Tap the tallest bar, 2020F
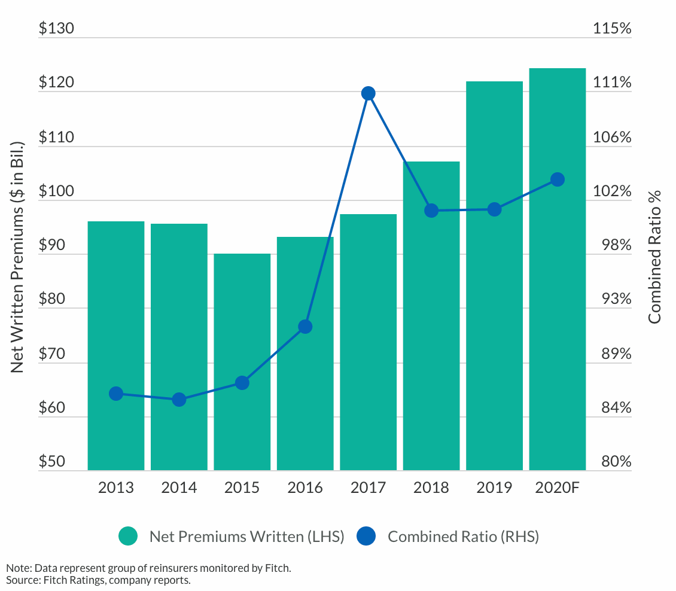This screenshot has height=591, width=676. (557, 269)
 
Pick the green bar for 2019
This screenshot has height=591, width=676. (494, 276)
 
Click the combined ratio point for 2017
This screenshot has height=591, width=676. (368, 93)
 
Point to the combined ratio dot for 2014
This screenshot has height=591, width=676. (179, 400)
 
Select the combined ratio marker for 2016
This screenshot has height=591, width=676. (305, 327)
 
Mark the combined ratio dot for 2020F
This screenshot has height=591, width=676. (557, 179)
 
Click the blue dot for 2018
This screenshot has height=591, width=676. (431, 211)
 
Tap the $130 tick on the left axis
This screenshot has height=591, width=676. (56, 29)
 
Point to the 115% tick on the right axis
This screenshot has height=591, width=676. (611, 29)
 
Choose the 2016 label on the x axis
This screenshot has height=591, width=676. (305, 488)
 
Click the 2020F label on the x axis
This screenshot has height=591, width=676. (557, 488)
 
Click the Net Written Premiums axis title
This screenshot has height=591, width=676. (18, 257)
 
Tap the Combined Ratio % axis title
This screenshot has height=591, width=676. (655, 257)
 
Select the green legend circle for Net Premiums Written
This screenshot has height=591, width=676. (128, 537)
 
